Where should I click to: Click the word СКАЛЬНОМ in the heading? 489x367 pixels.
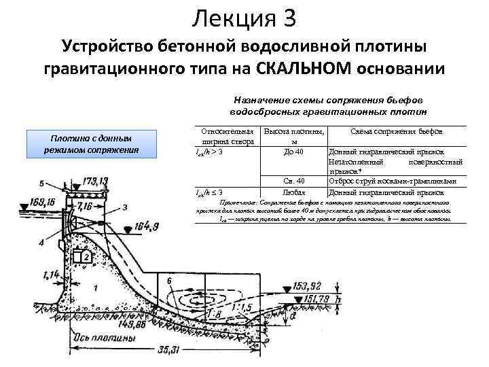tap(304, 69)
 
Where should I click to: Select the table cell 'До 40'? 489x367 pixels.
tap(293, 151)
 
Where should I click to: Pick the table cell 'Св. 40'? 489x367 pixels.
tap(293, 181)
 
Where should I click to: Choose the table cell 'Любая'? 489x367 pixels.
tap(293, 192)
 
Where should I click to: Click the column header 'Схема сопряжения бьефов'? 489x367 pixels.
tap(396, 130)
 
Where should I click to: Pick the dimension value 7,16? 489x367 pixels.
tap(85, 205)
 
